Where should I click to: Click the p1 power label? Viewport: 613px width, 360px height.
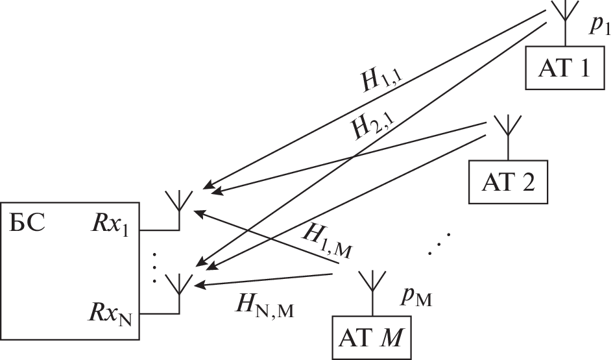click(597, 25)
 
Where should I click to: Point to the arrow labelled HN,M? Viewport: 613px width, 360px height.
click(266, 280)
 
